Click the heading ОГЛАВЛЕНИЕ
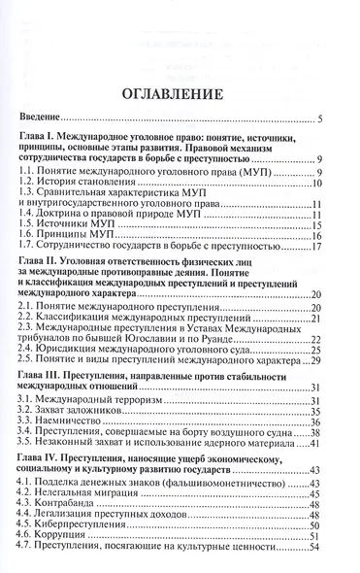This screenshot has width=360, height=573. pos(180,95)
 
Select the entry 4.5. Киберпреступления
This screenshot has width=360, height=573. pos(97,556)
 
